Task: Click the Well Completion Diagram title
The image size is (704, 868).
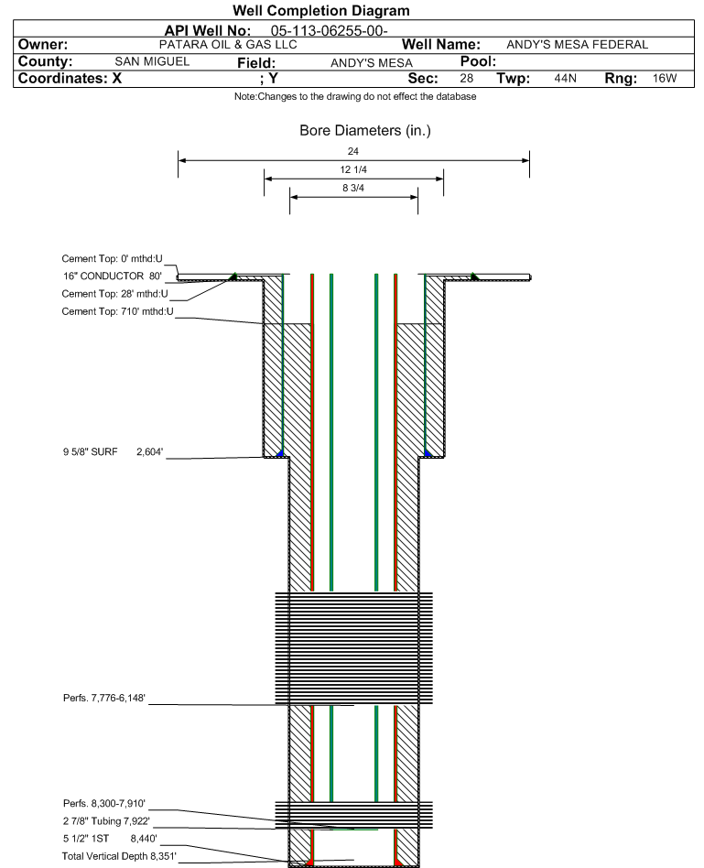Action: click(321, 10)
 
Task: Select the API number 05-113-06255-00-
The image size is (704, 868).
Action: click(329, 30)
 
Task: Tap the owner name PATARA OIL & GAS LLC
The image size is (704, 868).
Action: click(228, 45)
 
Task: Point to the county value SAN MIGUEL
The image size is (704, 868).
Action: click(152, 61)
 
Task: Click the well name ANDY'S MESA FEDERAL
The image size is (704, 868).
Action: click(578, 45)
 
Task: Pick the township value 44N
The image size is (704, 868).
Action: click(565, 78)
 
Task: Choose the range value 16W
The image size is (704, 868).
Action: click(664, 78)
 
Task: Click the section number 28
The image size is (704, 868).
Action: click(467, 78)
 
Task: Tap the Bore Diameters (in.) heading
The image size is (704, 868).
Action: click(365, 131)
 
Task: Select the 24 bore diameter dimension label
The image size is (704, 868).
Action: click(353, 151)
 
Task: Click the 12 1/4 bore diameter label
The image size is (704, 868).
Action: click(353, 169)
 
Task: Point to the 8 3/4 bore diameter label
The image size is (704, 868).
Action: click(353, 189)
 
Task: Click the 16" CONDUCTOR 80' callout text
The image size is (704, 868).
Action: click(113, 276)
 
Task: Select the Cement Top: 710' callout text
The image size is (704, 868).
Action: click(117, 311)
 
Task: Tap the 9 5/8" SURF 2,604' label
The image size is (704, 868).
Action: click(113, 451)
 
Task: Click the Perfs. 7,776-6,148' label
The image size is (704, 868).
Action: click(104, 698)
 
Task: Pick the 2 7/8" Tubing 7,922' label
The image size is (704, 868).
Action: click(106, 821)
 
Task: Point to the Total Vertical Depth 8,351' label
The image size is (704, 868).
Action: click(119, 856)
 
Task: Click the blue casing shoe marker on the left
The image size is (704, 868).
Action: click(280, 453)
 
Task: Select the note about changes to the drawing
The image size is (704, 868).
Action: click(355, 96)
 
